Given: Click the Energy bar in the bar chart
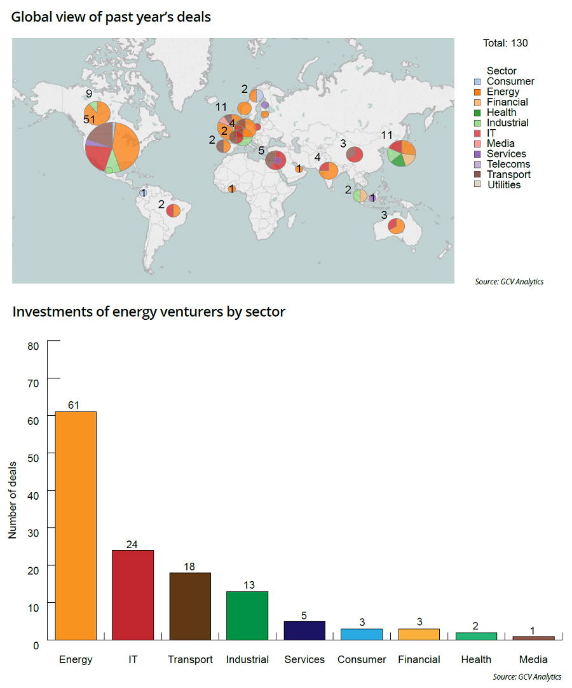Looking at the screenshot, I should [x=76, y=525].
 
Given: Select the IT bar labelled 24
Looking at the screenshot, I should [x=133, y=595].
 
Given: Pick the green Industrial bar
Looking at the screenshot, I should [x=247, y=615].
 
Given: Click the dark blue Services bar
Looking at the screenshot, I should [x=304, y=630].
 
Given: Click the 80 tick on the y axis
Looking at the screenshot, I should [x=34, y=345].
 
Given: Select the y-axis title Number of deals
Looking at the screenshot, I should [x=12, y=492].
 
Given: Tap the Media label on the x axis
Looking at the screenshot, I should [x=533, y=659].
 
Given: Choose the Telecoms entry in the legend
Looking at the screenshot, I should [x=508, y=164].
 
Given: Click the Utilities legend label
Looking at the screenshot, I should [x=504, y=185].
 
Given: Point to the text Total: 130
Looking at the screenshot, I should [x=505, y=43].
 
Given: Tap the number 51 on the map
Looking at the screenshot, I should [x=90, y=120].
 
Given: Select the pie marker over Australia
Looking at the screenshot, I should [x=396, y=226].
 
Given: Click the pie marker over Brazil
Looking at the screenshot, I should [x=173, y=210].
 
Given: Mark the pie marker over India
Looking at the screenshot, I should [x=329, y=170].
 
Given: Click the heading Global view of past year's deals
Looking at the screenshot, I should [x=111, y=17].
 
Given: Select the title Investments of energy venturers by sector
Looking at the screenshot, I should [x=149, y=312].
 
